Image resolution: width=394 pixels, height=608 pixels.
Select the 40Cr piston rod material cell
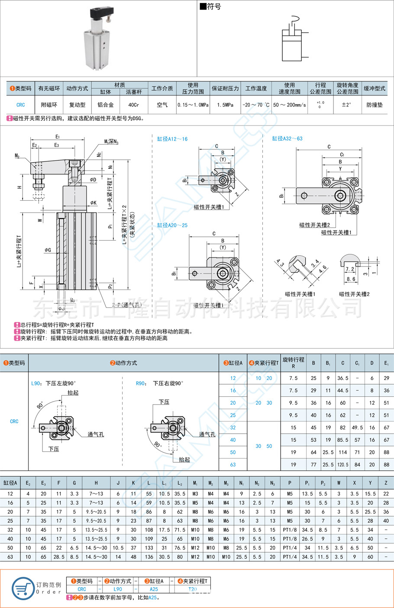coord(134,105)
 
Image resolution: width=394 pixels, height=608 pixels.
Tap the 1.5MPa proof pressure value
coord(225,105)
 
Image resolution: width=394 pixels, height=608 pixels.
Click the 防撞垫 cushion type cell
coord(375,105)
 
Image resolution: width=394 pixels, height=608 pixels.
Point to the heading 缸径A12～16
coord(172,139)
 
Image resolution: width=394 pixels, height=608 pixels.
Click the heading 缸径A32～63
coord(287,138)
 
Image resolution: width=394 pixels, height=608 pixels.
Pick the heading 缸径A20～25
coord(172,225)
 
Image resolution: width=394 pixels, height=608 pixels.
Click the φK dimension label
coord(94,203)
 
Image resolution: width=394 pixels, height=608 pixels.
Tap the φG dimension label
coord(48,250)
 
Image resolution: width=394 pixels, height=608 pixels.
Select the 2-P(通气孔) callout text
coord(126,305)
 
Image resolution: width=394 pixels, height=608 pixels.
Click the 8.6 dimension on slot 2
coord(351,279)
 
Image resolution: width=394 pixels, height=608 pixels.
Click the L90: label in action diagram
coord(36,383)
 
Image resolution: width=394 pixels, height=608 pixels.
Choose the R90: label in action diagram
coord(140,383)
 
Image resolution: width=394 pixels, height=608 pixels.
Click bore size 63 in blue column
coord(233,464)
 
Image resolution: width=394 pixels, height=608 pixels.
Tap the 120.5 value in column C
coord(342,464)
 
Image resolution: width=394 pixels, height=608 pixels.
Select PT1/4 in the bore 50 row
coord(290,548)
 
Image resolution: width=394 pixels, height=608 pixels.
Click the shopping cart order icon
coord(23,589)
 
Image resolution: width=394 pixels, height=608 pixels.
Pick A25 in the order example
coord(154,589)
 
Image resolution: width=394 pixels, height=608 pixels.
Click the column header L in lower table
coord(149,483)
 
